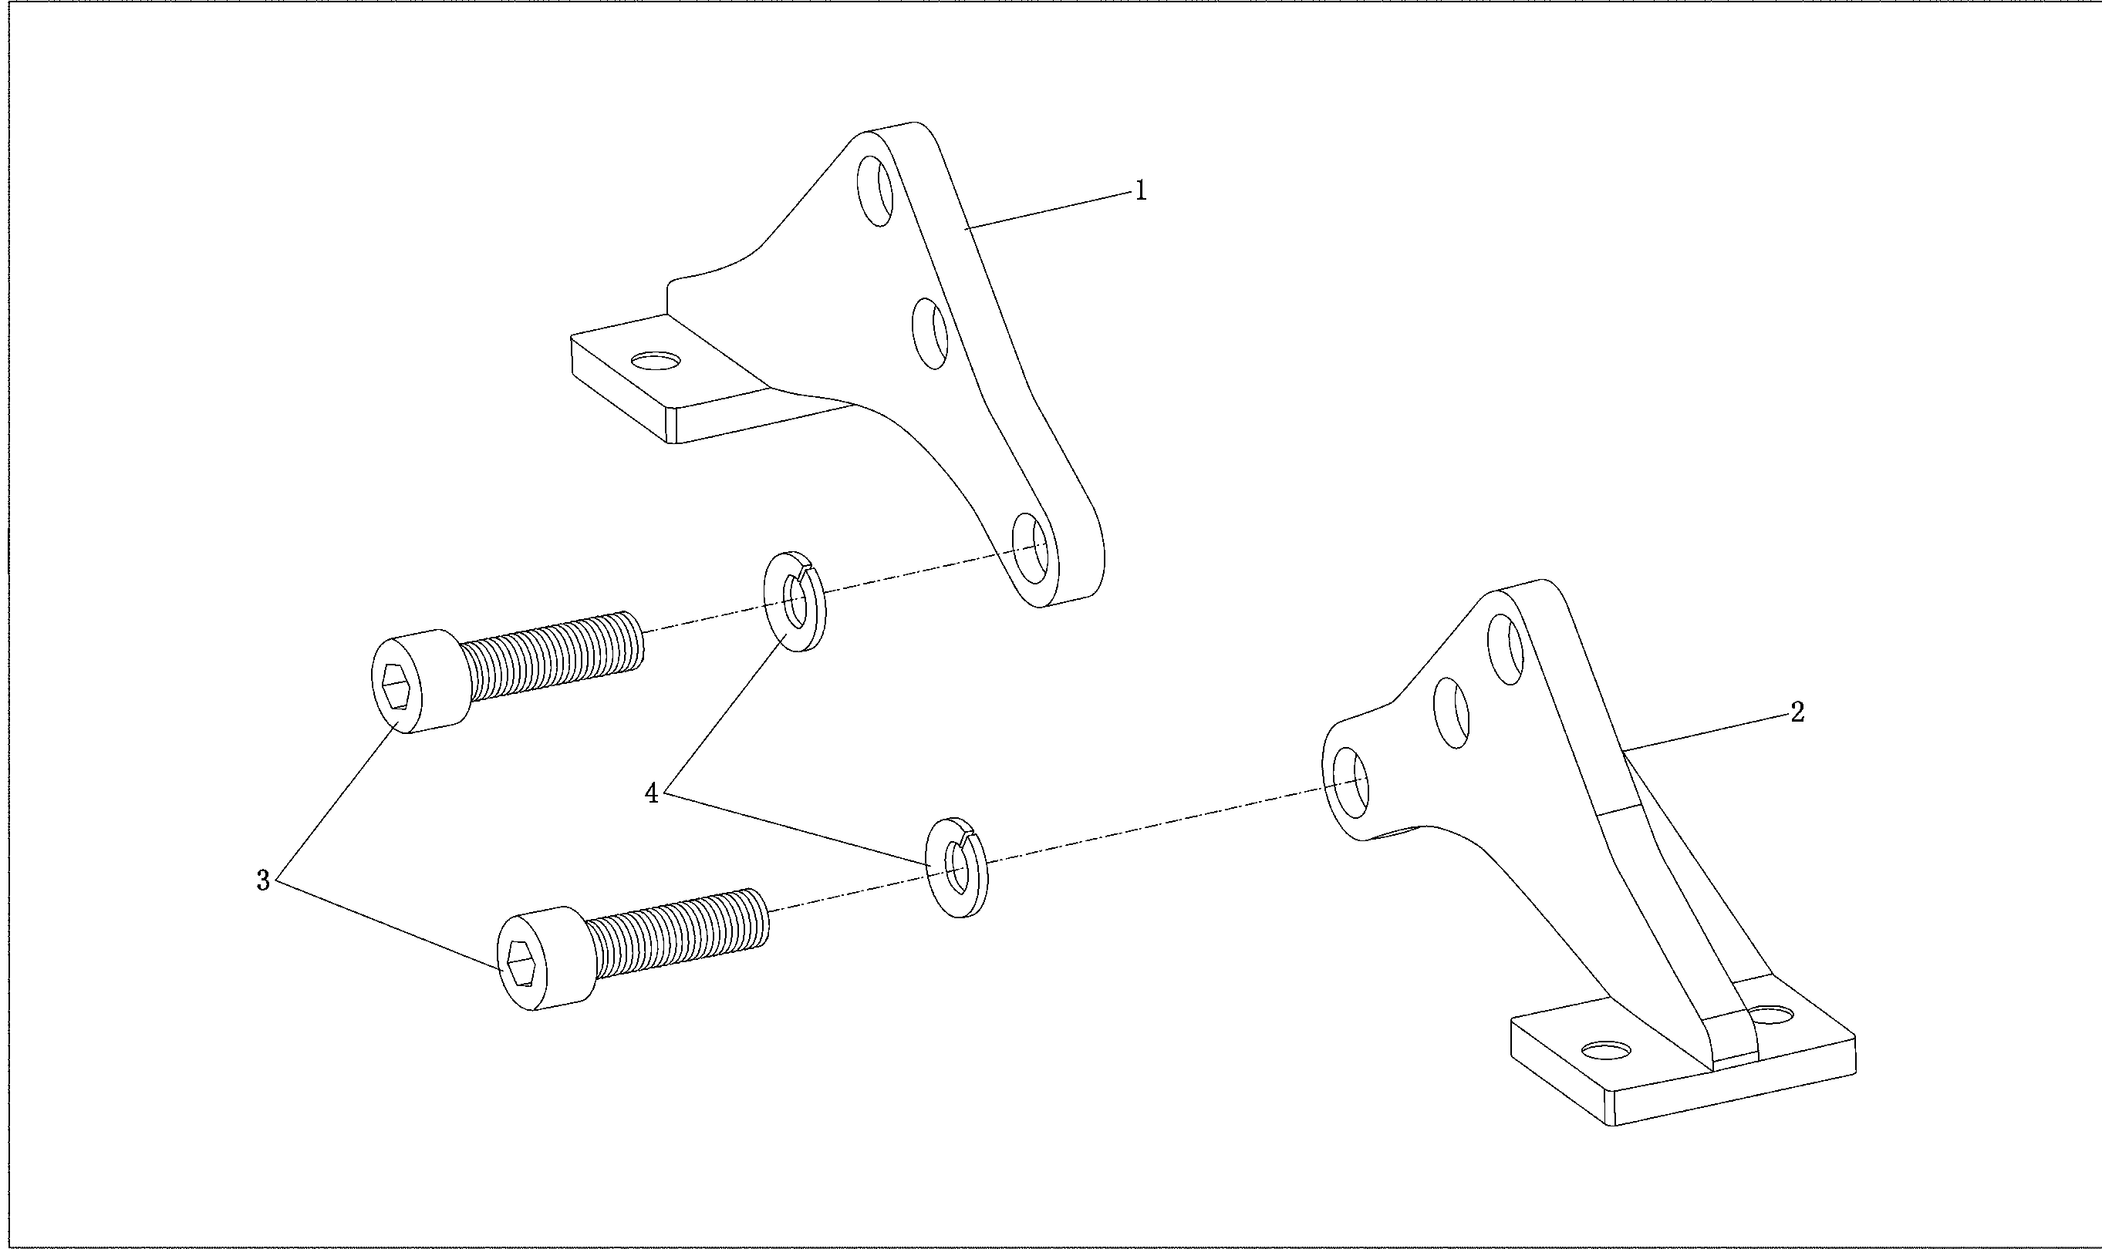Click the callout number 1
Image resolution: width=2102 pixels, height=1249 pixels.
pos(1141,191)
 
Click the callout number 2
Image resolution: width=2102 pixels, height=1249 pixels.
pos(1797,713)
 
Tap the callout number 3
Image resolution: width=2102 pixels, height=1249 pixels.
pos(264,881)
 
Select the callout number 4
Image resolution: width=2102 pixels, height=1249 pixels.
pos(652,793)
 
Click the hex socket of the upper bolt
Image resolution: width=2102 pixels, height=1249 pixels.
pos(396,686)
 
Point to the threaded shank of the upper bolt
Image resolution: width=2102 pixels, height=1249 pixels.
pos(552,655)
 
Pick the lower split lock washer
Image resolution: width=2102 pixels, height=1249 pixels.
pos(957,867)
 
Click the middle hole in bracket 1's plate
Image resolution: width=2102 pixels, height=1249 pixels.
pos(931,333)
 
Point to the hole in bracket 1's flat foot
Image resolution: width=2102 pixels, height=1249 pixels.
pos(657,361)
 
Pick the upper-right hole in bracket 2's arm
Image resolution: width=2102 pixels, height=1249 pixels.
pos(1506,649)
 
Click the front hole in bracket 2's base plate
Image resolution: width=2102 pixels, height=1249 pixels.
pos(1606,1049)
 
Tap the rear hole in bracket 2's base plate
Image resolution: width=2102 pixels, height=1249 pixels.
pos(1771,1013)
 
